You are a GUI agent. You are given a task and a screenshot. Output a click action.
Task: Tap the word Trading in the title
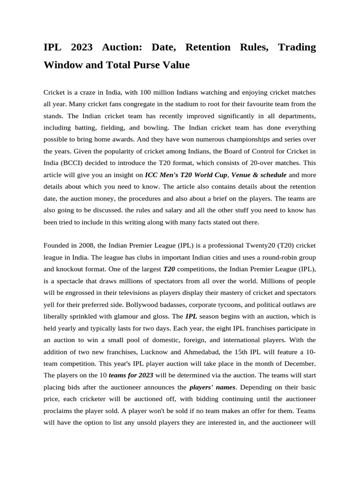(297, 47)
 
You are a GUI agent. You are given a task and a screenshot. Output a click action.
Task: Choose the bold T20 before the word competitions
(169, 269)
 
